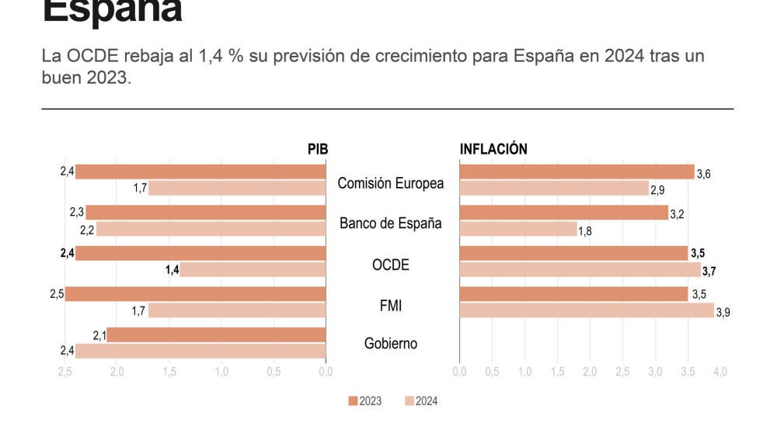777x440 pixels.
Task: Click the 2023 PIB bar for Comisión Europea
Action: tap(200, 171)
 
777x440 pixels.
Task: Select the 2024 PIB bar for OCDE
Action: tap(253, 269)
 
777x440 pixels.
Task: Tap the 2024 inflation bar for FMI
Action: tap(587, 310)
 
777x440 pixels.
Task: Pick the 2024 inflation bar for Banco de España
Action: tap(518, 229)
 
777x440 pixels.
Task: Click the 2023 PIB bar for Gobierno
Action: tap(216, 334)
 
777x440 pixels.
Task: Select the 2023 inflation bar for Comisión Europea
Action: tap(577, 171)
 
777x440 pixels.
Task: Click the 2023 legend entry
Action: tap(365, 401)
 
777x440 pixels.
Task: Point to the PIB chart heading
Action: tap(318, 149)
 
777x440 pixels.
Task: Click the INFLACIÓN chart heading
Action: tap(493, 149)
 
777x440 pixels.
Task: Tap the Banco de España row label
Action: tap(391, 223)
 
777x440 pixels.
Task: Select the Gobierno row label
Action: tap(391, 343)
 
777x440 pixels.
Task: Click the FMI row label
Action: tap(391, 306)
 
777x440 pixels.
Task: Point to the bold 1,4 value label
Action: tap(172, 270)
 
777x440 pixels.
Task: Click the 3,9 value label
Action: tap(723, 313)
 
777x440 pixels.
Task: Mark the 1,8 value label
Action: tap(585, 231)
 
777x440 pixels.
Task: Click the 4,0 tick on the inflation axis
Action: tap(720, 372)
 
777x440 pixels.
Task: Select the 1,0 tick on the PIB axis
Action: tap(221, 372)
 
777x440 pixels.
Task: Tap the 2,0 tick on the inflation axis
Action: tap(590, 372)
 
